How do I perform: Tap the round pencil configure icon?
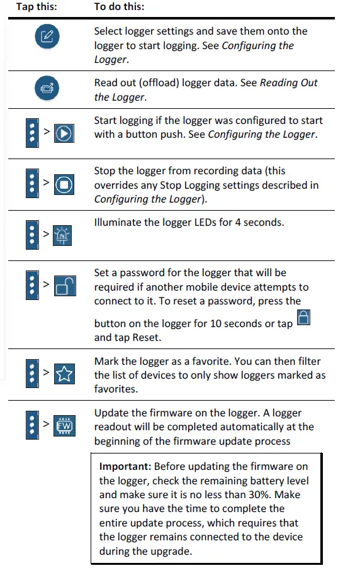47,38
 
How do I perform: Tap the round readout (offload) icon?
47,89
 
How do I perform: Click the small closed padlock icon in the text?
304,318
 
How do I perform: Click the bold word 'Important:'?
125,467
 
